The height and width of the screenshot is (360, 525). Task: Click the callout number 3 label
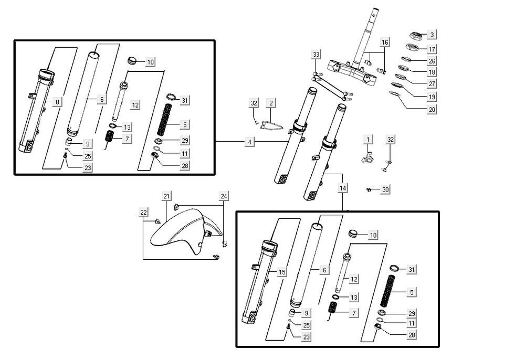point(432,35)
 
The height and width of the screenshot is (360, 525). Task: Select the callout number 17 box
point(432,49)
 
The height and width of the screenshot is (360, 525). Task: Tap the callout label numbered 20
point(432,110)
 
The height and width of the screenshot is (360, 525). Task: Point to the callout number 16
point(385,42)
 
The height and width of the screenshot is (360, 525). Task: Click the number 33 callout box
point(316,55)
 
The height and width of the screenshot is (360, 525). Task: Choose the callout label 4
point(250,142)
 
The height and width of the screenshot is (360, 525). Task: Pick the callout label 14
point(343,187)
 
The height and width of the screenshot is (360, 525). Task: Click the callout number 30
point(386,189)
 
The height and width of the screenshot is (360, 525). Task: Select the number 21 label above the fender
point(166,196)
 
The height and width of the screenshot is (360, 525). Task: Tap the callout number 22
point(143,211)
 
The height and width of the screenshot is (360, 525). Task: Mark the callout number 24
point(224,196)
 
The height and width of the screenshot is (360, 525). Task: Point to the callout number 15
point(282,272)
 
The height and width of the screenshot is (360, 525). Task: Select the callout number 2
point(270,103)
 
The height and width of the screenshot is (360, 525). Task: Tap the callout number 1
point(368,139)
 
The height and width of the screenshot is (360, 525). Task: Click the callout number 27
point(432,84)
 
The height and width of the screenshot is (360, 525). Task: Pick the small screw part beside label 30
point(370,189)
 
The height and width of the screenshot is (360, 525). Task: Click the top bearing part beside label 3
point(416,36)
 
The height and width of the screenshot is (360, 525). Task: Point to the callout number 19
point(432,97)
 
